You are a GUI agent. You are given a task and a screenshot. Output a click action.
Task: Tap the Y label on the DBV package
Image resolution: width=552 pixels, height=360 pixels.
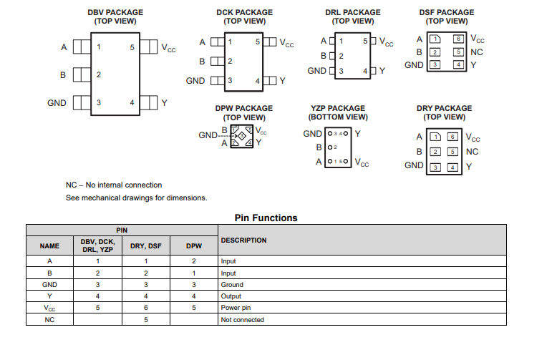click(x=164, y=103)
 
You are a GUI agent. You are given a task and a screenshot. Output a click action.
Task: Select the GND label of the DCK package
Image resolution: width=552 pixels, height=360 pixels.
click(x=195, y=81)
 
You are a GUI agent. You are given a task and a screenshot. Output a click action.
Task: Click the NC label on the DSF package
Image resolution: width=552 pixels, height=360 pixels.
click(x=478, y=52)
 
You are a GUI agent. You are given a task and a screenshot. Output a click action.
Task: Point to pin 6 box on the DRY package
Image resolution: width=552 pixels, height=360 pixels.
click(x=452, y=136)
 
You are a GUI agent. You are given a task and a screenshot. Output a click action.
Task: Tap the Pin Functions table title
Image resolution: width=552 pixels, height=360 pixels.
click(x=266, y=218)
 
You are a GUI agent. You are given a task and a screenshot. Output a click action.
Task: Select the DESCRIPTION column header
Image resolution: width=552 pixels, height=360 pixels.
click(x=244, y=240)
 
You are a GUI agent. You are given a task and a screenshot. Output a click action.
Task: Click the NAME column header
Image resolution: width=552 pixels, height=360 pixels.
click(x=49, y=246)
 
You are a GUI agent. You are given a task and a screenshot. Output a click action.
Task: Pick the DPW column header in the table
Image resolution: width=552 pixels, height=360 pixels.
click(x=194, y=246)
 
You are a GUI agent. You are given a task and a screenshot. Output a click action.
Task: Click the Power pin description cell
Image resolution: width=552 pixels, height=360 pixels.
click(x=237, y=308)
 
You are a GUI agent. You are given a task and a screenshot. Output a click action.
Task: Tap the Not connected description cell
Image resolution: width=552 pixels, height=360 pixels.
click(x=243, y=320)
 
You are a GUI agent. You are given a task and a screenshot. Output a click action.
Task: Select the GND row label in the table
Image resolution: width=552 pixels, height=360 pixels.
click(x=49, y=285)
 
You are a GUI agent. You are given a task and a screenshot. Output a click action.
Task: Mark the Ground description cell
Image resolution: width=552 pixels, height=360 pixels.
click(x=233, y=285)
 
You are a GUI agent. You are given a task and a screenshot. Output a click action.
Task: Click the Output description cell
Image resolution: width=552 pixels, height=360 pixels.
click(x=232, y=296)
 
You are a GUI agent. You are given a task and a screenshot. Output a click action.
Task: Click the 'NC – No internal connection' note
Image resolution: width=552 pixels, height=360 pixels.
click(x=114, y=185)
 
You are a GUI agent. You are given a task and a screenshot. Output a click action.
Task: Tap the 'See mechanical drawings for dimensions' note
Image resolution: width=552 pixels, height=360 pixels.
click(x=136, y=198)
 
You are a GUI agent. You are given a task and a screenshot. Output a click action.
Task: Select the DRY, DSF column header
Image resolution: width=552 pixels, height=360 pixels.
click(x=146, y=246)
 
